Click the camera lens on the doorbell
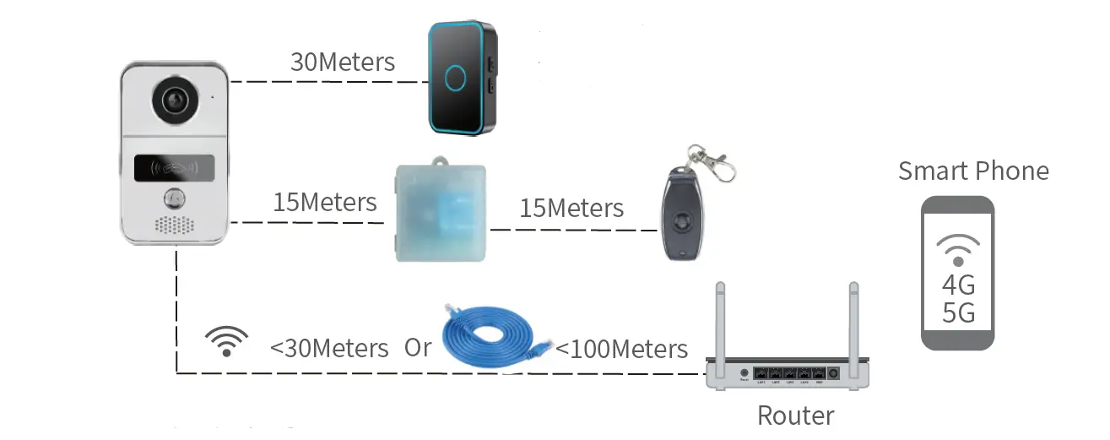175,100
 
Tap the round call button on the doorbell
175,197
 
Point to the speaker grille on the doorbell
175,225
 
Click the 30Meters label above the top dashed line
342,62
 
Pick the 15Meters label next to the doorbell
324,203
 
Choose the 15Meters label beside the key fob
571,208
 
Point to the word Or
418,347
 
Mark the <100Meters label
622,348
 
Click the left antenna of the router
720,325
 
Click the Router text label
795,416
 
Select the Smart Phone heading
972,171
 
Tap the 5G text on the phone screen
958,313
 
